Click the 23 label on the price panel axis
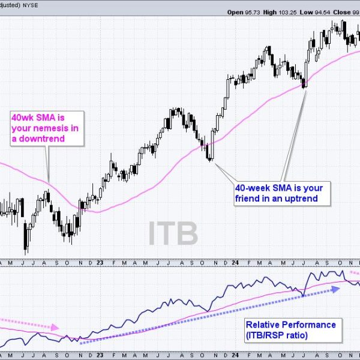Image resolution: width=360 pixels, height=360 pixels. click(x=100, y=262)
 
